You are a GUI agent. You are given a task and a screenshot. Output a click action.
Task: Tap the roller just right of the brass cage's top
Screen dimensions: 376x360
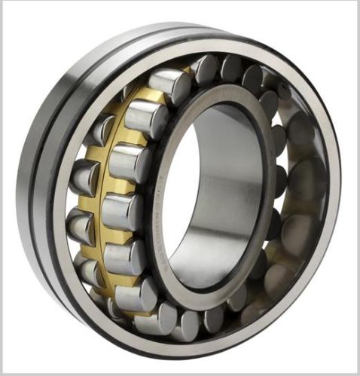click(x=205, y=69)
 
